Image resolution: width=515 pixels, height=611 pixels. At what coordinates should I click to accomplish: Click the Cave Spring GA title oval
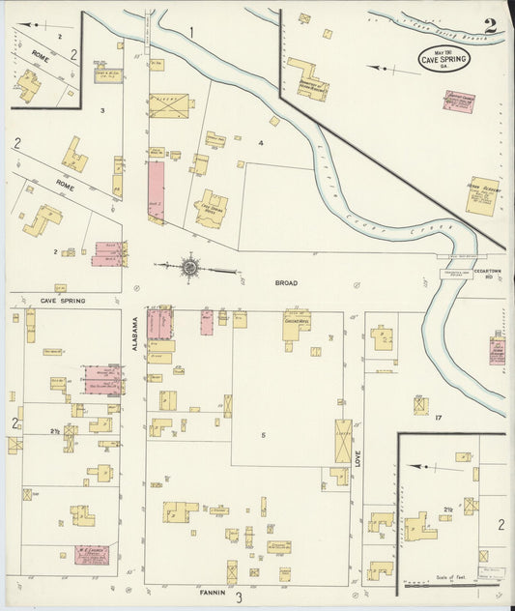click(x=443, y=60)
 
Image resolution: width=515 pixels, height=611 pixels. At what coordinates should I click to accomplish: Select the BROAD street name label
click(x=286, y=283)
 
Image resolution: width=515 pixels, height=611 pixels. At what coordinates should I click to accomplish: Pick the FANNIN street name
click(x=213, y=590)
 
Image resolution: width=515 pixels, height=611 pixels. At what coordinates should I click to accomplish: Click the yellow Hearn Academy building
click(x=480, y=195)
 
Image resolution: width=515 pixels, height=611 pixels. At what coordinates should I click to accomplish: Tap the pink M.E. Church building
click(x=91, y=555)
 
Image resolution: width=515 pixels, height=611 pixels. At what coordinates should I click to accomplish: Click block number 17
click(x=438, y=418)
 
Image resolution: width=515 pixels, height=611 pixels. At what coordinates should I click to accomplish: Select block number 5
click(x=263, y=435)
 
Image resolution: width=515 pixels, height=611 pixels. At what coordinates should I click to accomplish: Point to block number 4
click(x=261, y=143)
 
